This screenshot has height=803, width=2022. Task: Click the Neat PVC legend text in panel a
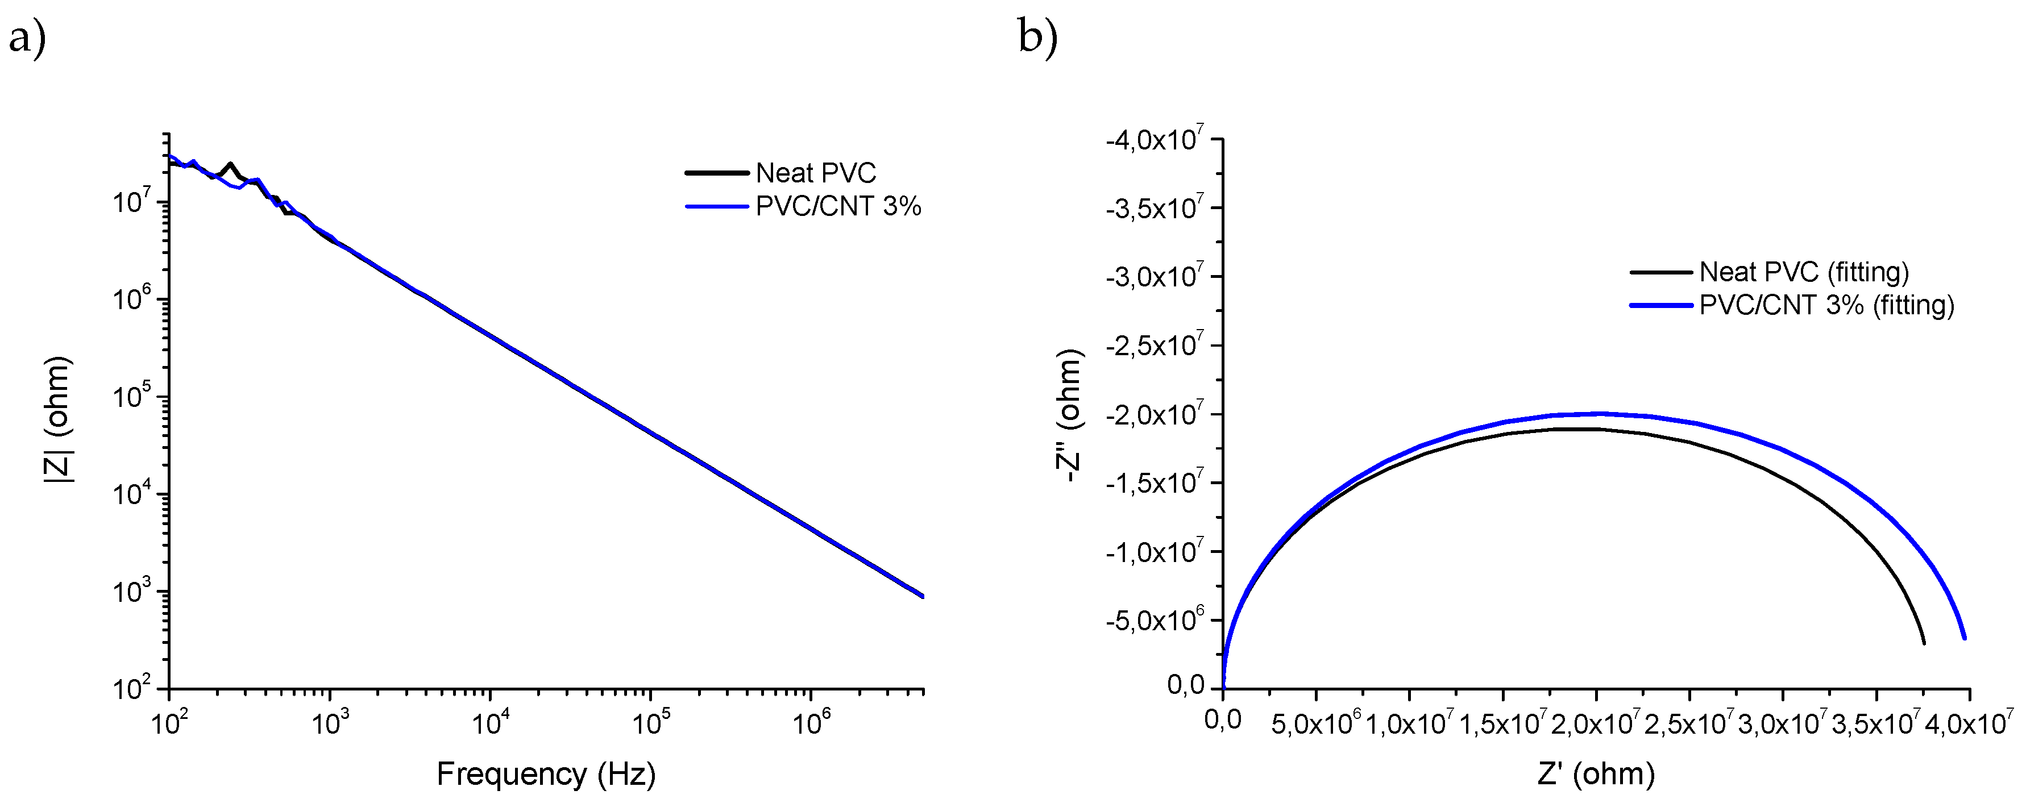(816, 173)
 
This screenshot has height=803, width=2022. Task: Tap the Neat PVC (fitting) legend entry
(1804, 272)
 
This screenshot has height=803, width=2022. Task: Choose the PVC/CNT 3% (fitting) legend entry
(1826, 305)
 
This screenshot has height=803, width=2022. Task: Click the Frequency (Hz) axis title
(546, 774)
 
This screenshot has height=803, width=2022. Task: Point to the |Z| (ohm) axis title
(60, 419)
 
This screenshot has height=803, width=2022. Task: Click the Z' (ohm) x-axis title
(1596, 774)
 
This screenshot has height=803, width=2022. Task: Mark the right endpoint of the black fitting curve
(1924, 643)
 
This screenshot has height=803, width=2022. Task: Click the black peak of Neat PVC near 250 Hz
(230, 165)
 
